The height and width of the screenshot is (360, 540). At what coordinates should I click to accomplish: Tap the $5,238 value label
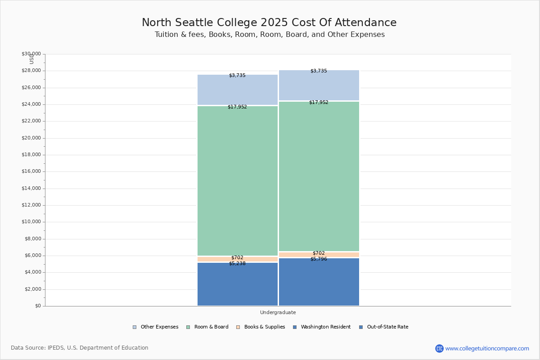point(237,264)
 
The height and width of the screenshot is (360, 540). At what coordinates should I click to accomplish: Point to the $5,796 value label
point(319,259)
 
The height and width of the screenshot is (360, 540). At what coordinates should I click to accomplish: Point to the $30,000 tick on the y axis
point(31,54)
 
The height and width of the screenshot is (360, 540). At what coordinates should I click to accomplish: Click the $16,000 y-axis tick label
point(31,171)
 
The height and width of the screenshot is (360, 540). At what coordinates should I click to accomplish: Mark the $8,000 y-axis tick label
point(32,239)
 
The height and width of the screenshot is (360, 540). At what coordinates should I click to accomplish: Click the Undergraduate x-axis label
point(278,312)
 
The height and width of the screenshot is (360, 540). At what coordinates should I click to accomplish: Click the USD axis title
point(31,59)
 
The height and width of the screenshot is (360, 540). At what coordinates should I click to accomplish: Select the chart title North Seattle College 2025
point(269,22)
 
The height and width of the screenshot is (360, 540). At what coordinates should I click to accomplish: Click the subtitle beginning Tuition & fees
point(270,35)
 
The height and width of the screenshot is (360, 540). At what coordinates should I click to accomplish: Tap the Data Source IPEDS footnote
point(80,348)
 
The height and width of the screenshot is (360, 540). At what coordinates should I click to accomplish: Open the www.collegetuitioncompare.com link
point(487,348)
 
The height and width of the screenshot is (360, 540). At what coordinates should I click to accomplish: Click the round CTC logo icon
point(439,348)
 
